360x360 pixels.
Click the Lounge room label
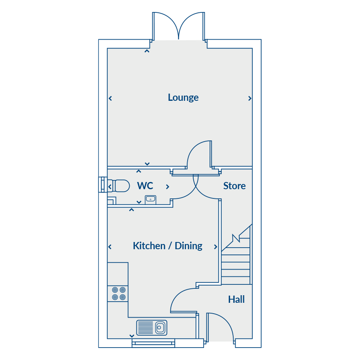183,98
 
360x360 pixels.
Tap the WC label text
145,186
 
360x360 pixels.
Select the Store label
234,186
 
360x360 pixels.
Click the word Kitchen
149,246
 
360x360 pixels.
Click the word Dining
188,246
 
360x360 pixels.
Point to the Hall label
236,299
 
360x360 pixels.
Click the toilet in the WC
119,186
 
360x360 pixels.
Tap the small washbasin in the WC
151,199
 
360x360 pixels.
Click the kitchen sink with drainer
152,328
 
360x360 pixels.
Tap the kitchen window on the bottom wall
153,343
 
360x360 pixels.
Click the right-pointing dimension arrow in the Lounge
250,98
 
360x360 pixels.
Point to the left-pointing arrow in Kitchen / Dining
110,247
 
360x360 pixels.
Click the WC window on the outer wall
103,184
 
